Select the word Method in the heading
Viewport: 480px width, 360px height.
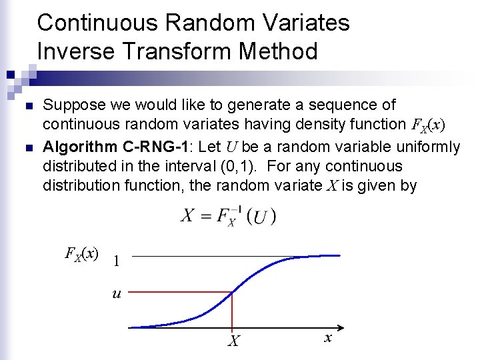tap(280, 51)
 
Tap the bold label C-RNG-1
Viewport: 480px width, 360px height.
tap(157, 147)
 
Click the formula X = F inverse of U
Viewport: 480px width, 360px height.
tap(228, 216)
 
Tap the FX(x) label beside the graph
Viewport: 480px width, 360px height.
tap(81, 253)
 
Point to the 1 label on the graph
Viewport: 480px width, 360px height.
tap(117, 261)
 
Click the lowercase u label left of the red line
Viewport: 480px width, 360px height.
tap(117, 293)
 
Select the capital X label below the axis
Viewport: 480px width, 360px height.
tap(233, 342)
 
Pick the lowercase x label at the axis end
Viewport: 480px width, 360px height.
tap(328, 339)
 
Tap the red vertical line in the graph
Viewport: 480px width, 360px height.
tap(231, 309)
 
